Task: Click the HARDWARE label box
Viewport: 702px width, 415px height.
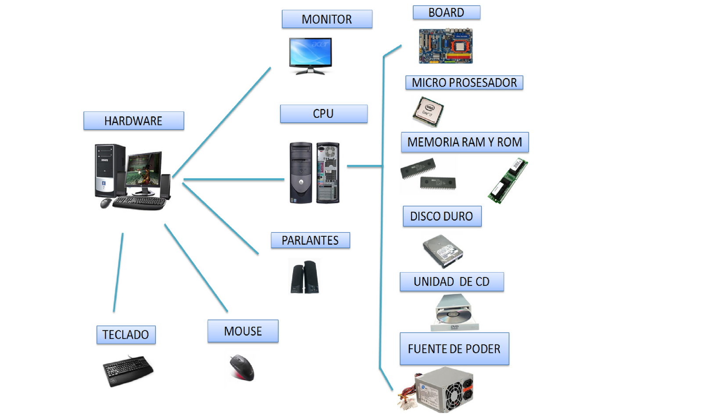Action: (x=133, y=121)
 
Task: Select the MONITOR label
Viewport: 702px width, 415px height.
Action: (x=327, y=19)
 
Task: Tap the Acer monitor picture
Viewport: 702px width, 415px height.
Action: (x=310, y=55)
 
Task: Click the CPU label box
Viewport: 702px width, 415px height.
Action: (x=323, y=114)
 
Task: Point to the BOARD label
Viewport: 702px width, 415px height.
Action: (x=446, y=12)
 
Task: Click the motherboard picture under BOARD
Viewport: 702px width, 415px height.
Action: (x=445, y=46)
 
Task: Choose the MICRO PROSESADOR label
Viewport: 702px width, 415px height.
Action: (x=464, y=82)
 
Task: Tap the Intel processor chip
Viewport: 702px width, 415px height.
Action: (x=428, y=111)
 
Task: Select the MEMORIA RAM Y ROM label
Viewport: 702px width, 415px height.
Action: (x=465, y=142)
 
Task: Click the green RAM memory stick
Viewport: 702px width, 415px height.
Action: (x=508, y=181)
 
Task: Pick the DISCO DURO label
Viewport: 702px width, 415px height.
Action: (x=442, y=216)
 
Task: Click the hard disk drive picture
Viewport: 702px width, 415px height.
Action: (x=443, y=251)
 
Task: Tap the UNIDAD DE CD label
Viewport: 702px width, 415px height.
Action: (x=451, y=281)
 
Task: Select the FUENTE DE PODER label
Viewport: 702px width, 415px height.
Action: (x=454, y=349)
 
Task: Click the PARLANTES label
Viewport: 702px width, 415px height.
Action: (x=310, y=240)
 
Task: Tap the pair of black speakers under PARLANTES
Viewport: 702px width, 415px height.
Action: (x=304, y=277)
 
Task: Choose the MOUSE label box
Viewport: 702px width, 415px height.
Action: (x=243, y=331)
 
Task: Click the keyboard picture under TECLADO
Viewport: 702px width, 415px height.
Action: (x=128, y=371)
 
